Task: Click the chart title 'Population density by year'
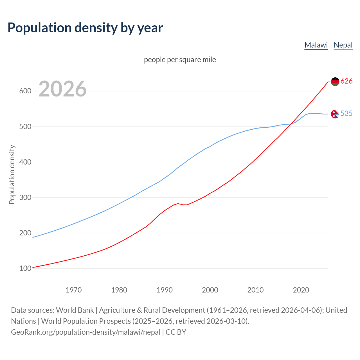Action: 85,28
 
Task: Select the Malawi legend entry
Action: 316,45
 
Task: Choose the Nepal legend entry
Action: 343,45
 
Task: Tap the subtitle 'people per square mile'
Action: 180,60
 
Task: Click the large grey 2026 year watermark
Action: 62,89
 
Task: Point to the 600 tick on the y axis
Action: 25,91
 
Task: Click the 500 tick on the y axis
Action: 25,127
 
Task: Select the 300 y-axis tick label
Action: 25,197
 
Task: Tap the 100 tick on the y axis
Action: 25,268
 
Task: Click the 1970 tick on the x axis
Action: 74,290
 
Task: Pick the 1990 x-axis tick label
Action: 165,290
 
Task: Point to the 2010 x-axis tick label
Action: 255,290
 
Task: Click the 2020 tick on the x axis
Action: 301,290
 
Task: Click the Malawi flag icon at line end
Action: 335,82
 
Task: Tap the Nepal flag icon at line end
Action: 335,114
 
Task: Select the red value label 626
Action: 346,81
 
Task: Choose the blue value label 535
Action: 346,113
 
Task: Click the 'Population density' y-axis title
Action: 12,174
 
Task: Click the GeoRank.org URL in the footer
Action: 86,332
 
